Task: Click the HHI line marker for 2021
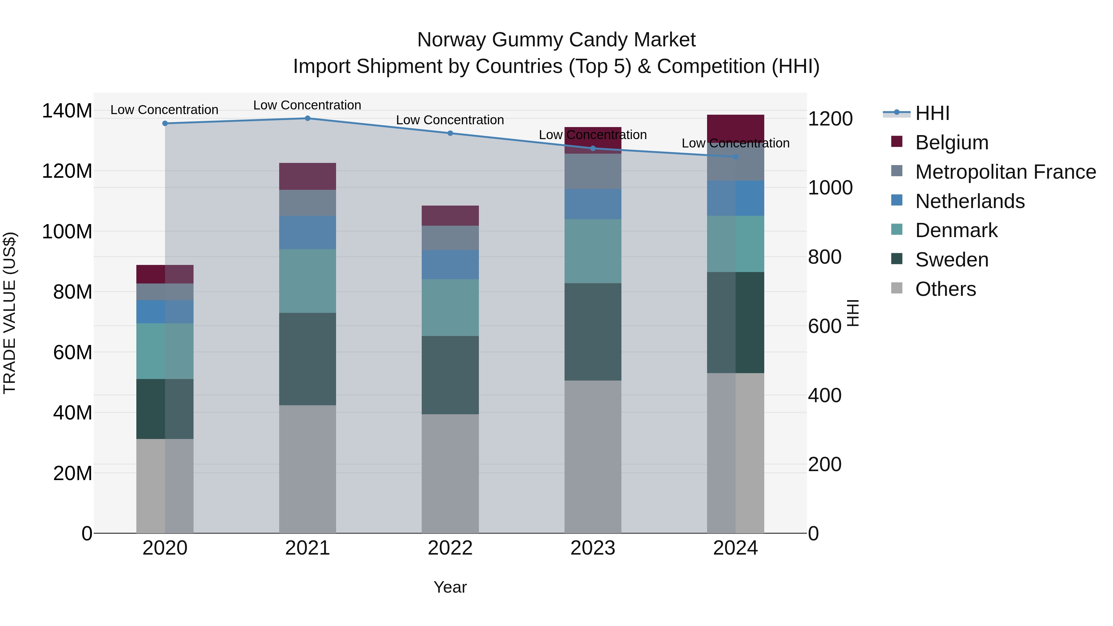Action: click(x=307, y=118)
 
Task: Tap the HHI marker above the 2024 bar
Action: click(x=736, y=156)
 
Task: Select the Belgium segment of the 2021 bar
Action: click(x=307, y=176)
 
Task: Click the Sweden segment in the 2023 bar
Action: click(x=592, y=331)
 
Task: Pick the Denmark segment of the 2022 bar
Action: click(x=450, y=307)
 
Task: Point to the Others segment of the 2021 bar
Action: click(x=307, y=469)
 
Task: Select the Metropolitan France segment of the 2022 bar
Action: click(x=450, y=238)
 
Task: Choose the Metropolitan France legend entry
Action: click(x=1005, y=172)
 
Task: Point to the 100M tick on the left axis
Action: click(x=67, y=232)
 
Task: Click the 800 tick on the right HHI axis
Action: click(x=824, y=257)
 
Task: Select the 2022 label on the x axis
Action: click(x=450, y=548)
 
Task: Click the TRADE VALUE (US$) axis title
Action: click(x=10, y=313)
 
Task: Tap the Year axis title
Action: click(x=450, y=587)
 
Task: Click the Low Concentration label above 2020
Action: click(x=164, y=110)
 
